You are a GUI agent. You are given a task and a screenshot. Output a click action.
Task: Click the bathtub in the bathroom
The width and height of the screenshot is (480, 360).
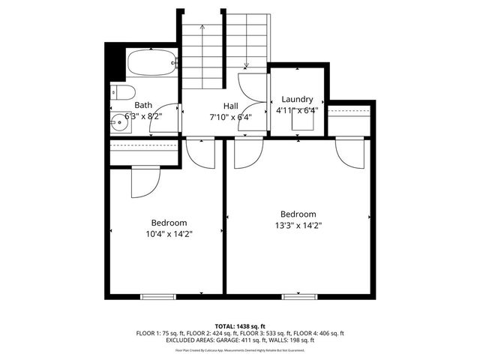tap(152, 63)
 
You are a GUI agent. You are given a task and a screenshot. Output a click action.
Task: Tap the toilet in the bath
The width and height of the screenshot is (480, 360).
tap(124, 92)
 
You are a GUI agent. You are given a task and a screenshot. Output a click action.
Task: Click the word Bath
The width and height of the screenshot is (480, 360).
tap(143, 106)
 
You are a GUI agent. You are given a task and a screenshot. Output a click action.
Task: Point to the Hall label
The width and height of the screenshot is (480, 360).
tap(231, 106)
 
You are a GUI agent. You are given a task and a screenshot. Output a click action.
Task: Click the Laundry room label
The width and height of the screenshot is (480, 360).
tap(297, 99)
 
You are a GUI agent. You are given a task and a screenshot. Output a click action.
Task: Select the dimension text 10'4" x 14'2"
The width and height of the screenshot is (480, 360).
tap(169, 234)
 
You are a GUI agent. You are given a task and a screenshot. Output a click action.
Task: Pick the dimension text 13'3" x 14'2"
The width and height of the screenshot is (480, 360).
tap(298, 224)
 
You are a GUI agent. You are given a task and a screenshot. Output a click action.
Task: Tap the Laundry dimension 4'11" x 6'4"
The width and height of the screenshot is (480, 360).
tap(298, 110)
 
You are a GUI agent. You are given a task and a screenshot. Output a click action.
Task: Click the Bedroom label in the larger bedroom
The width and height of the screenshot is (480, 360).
tap(298, 213)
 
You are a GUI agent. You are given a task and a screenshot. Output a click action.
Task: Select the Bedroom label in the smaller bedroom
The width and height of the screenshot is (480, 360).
tap(169, 223)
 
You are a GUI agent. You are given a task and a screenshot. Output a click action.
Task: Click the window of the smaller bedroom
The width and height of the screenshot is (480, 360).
tap(158, 295)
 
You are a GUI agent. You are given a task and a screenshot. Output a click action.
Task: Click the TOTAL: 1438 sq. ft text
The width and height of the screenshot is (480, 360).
tap(240, 326)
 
